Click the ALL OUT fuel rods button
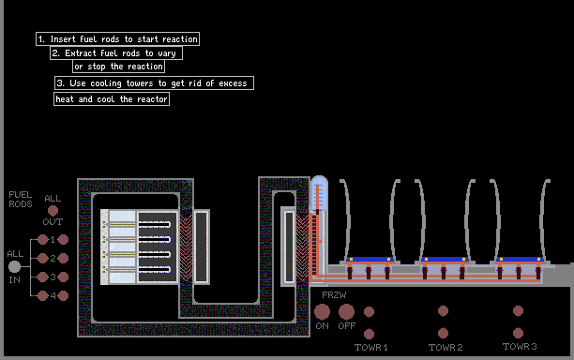[53, 210]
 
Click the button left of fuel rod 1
[42, 239]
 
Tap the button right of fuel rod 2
[63, 258]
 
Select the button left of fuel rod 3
[42, 277]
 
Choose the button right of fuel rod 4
[63, 295]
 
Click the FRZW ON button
[322, 311]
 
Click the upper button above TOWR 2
[443, 311]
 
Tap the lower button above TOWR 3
[518, 333]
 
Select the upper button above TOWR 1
[369, 311]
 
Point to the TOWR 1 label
[370, 347]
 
